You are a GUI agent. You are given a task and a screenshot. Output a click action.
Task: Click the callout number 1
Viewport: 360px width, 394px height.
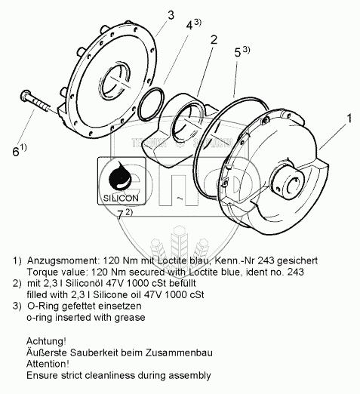349,118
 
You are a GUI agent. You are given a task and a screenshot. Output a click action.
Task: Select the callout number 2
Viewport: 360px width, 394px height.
214,40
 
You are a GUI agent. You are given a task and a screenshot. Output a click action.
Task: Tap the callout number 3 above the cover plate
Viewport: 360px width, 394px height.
171,15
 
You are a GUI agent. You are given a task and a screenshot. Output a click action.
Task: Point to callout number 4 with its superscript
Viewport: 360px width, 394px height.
193,24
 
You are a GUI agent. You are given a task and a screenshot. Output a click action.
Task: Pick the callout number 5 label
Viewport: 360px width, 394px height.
242,52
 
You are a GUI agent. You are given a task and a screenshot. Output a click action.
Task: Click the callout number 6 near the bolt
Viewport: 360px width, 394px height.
20,150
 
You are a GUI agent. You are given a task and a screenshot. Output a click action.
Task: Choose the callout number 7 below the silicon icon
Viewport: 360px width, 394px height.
125,214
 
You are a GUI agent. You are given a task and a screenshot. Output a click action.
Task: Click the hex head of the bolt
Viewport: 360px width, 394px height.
25,95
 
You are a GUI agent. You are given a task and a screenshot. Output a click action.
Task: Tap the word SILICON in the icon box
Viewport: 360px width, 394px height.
121,198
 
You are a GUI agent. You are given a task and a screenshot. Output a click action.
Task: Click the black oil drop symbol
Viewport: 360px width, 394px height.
121,175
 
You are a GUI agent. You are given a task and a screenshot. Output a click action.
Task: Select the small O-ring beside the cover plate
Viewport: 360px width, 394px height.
152,103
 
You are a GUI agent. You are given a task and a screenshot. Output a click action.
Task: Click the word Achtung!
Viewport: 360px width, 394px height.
46,341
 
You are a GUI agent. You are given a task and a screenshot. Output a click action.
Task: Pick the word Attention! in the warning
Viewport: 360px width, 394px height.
48,364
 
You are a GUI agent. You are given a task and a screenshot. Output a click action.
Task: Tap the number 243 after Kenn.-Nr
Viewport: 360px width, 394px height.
266,260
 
